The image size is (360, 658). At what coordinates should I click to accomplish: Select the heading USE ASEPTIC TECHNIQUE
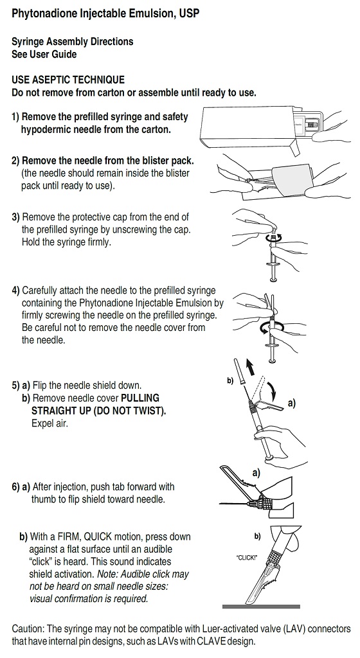(68, 80)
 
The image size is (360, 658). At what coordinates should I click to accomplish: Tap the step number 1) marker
(15, 117)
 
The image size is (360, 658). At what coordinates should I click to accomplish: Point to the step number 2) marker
(15, 161)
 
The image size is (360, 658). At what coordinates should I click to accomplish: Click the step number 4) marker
(15, 290)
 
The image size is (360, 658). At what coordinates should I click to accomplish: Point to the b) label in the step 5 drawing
(230, 380)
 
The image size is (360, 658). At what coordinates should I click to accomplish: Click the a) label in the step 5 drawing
(292, 404)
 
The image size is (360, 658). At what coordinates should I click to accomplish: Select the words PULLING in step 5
(139, 398)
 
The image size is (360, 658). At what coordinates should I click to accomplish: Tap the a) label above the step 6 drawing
(256, 473)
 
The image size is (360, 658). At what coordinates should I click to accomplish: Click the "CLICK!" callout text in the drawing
(247, 558)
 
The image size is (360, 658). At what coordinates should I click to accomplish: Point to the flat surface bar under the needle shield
(262, 607)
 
